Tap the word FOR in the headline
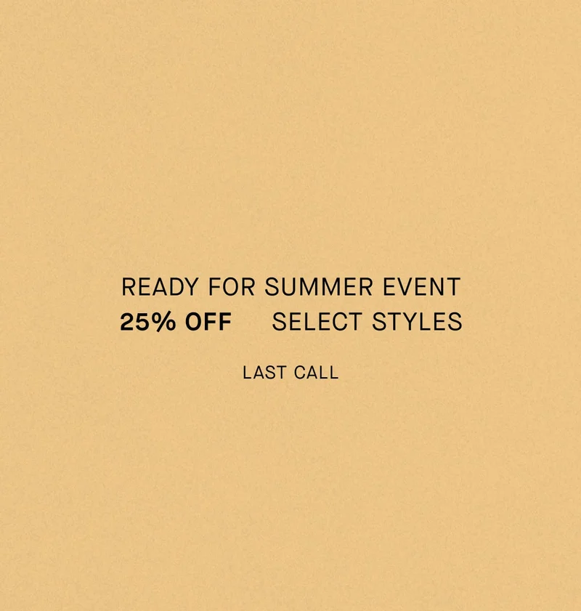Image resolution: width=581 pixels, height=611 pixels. pos(232,287)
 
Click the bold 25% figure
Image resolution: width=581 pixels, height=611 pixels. pos(147,322)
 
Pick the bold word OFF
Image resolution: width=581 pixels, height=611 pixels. pos(208,322)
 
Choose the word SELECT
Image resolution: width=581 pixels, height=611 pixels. pos(317,322)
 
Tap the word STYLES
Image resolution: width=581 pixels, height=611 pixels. pos(417,322)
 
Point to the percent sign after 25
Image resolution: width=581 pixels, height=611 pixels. pos(165,322)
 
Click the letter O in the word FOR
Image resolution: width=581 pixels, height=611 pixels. pos(231,287)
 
